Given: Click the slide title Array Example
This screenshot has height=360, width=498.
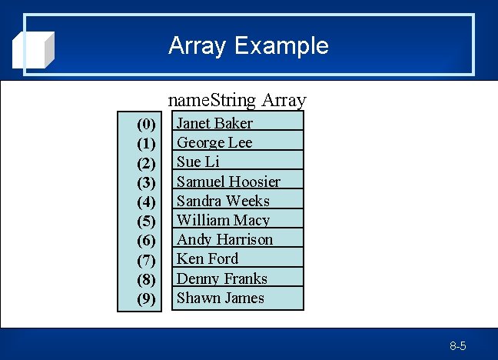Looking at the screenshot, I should click(x=248, y=45).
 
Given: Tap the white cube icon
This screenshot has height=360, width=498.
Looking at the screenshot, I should click(x=35, y=49).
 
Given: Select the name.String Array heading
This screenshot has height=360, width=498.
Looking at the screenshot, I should click(x=237, y=100).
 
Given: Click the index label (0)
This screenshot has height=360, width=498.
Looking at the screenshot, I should click(x=146, y=124).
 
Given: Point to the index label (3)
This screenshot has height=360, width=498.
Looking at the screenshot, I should click(x=146, y=182).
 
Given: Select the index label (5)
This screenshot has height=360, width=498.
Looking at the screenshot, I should click(x=146, y=222).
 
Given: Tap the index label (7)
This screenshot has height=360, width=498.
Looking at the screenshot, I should click(x=146, y=260).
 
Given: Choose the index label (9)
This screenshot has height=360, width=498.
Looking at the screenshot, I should click(x=146, y=299).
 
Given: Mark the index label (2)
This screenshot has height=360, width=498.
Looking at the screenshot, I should click(x=146, y=163).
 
